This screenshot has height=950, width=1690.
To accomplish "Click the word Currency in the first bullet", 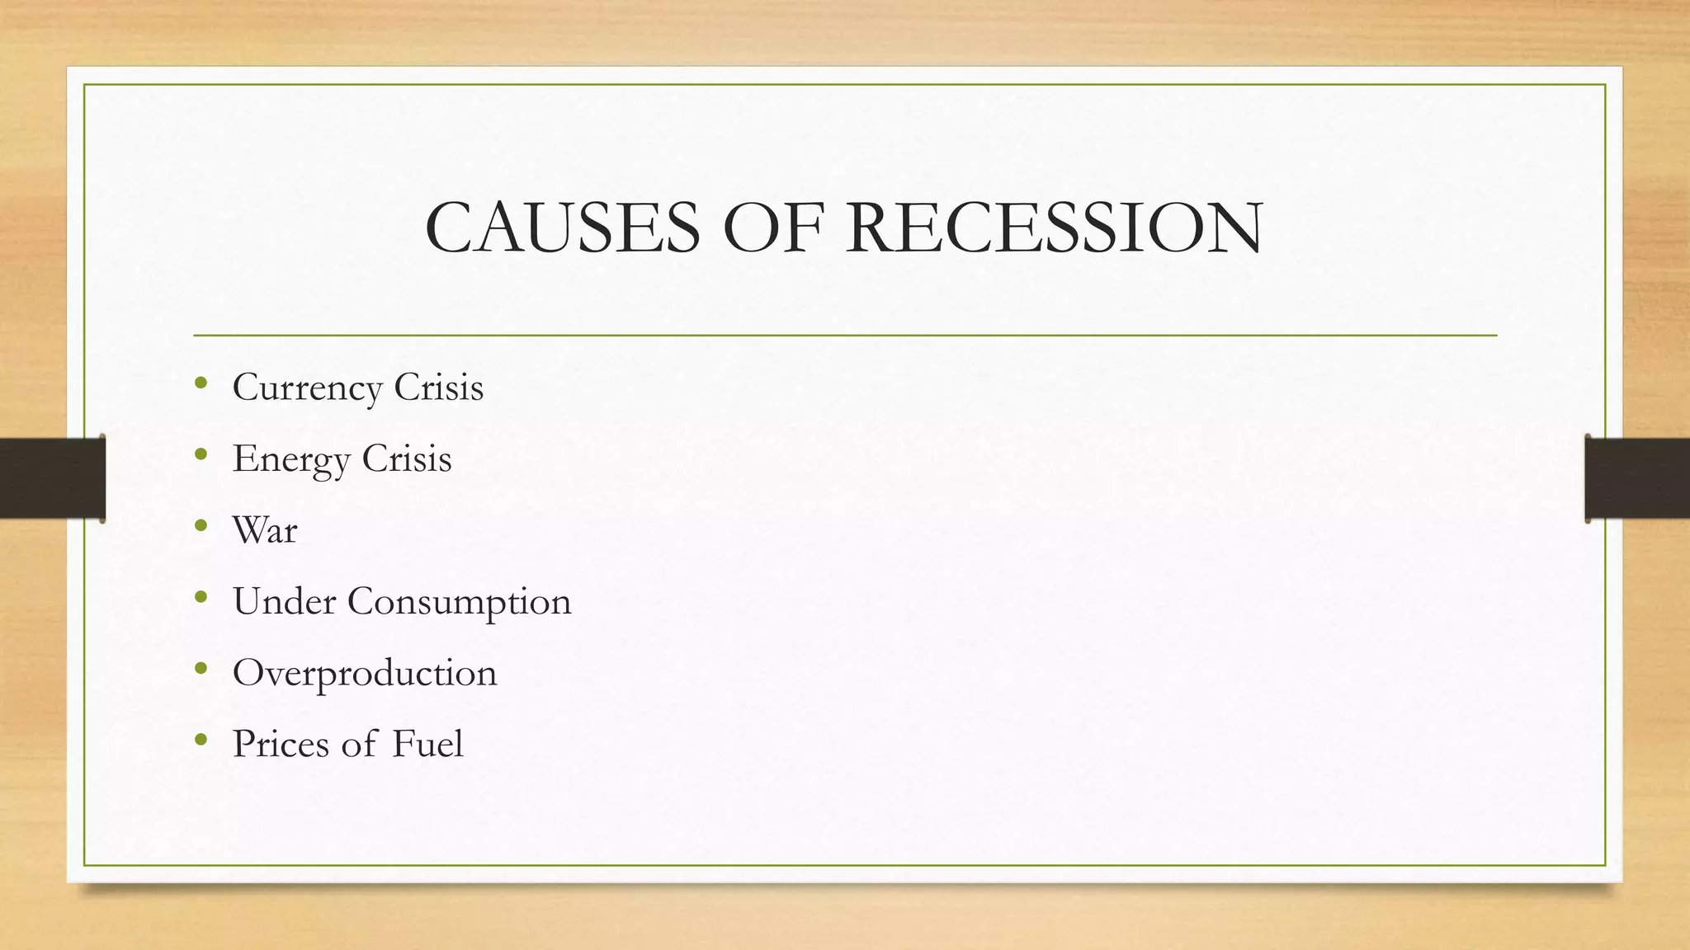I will pyautogui.click(x=307, y=388).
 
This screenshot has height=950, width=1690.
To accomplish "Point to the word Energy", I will pyautogui.click(x=291, y=460).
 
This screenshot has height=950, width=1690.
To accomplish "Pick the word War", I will pyautogui.click(x=265, y=530).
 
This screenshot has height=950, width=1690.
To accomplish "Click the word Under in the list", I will pyautogui.click(x=284, y=601).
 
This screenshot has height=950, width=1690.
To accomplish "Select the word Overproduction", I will pyautogui.click(x=365, y=674).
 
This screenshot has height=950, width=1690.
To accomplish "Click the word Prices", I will pyautogui.click(x=281, y=744).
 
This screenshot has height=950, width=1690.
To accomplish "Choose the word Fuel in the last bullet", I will pyautogui.click(x=427, y=744).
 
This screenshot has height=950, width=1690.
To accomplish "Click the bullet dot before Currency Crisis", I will pyautogui.click(x=201, y=383).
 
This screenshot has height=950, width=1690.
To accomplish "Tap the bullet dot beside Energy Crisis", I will pyautogui.click(x=201, y=454).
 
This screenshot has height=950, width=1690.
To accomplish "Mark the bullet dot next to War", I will pyautogui.click(x=201, y=525).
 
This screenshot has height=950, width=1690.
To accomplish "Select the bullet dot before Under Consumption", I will pyautogui.click(x=201, y=596).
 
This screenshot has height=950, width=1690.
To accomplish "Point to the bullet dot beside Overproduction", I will pyautogui.click(x=201, y=668).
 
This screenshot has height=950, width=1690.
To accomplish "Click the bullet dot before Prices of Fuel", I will pyautogui.click(x=201, y=739).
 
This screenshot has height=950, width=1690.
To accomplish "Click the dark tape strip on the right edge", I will pyautogui.click(x=1637, y=478).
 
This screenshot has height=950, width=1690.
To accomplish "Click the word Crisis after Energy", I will pyautogui.click(x=407, y=459).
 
